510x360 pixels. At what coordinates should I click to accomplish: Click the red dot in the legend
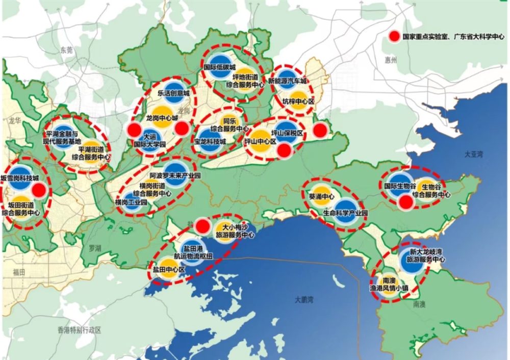pos(393,37)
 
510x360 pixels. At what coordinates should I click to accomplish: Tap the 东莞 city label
pos(66,50)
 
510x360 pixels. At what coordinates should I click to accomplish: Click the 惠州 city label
pos(392,60)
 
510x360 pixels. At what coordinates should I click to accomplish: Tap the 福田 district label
pos(18,272)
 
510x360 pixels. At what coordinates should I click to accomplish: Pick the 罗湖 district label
pos(94,248)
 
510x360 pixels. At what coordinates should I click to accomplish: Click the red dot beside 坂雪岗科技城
pos(39,191)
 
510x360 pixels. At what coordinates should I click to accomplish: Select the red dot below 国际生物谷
pos(405,203)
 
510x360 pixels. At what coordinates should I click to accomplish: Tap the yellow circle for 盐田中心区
pos(167,271)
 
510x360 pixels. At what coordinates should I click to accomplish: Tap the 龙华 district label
pos(14,121)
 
